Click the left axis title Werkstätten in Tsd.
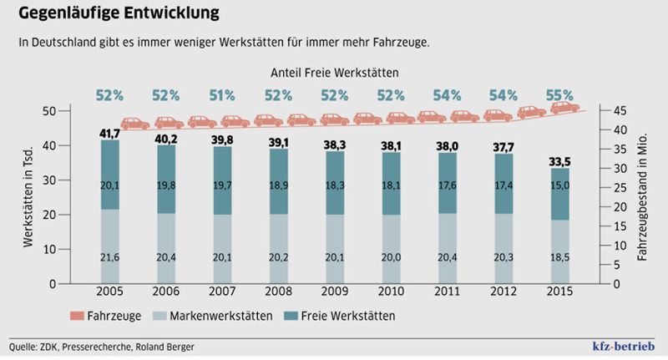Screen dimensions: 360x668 (x=28, y=196)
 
